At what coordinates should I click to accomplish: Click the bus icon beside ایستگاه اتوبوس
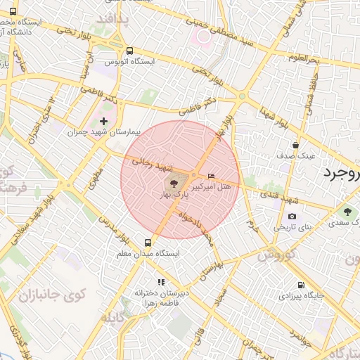(130, 51)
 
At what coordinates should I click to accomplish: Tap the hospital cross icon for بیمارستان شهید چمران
(104, 122)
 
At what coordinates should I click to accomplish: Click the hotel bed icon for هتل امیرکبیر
(212, 176)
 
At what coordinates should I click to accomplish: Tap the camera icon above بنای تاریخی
(292, 216)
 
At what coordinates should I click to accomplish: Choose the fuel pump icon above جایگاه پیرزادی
(302, 285)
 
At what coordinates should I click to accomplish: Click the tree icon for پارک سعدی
(347, 212)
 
